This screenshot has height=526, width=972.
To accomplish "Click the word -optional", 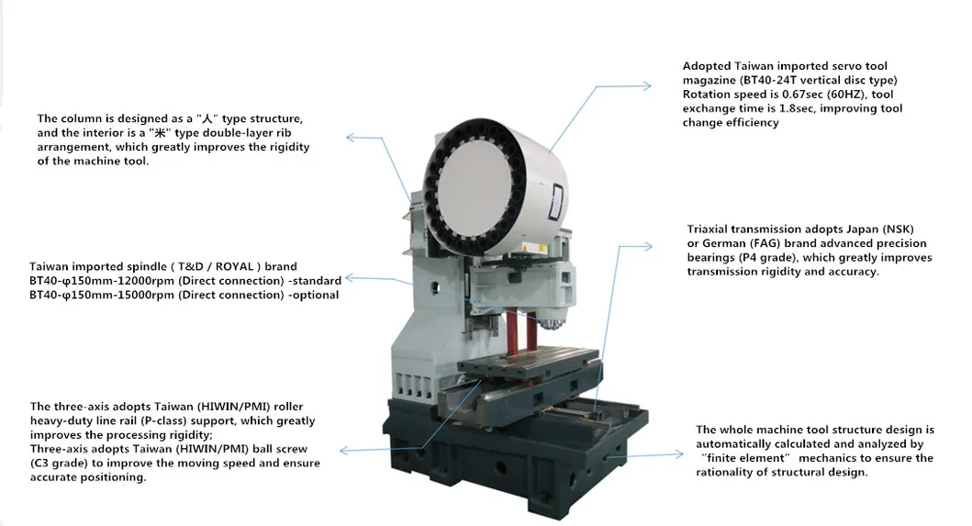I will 311,295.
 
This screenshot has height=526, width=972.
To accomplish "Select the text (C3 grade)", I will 67,464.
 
